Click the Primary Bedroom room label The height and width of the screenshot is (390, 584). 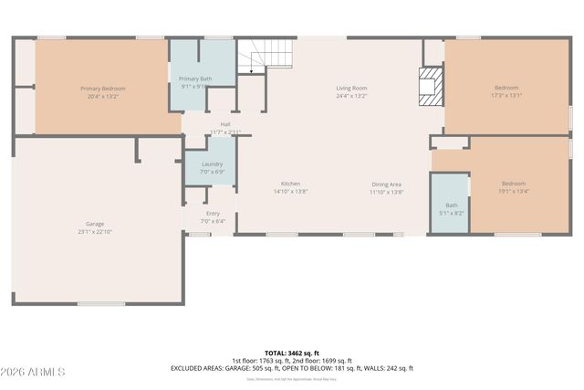pyautogui.click(x=102, y=89)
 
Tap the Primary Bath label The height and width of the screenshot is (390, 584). pyautogui.click(x=194, y=79)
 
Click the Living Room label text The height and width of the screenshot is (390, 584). pyautogui.click(x=351, y=87)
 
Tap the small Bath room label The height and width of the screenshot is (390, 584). pyautogui.click(x=452, y=206)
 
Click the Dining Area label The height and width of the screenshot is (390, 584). pyautogui.click(x=386, y=184)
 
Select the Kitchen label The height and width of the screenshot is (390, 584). pyautogui.click(x=291, y=184)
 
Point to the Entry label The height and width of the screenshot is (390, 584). pyautogui.click(x=213, y=213)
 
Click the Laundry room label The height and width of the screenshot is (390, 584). pyautogui.click(x=212, y=164)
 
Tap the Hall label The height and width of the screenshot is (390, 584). pyautogui.click(x=224, y=124)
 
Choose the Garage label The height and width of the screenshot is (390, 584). pyautogui.click(x=94, y=223)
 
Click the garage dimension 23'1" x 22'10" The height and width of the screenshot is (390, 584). pyautogui.click(x=94, y=232)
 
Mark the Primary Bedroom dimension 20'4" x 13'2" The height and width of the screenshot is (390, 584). pyautogui.click(x=102, y=95)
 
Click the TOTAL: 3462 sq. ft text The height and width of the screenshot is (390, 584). pyautogui.click(x=291, y=353)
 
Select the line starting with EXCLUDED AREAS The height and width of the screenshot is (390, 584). pyautogui.click(x=291, y=368)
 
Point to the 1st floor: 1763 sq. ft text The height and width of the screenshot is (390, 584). pyautogui.click(x=258, y=360)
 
